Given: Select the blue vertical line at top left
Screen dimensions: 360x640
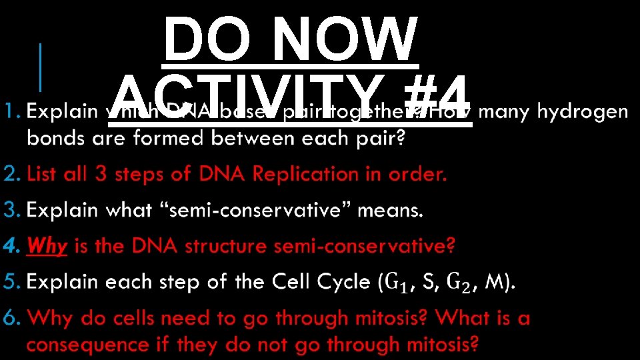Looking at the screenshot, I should pyautogui.click(x=41, y=67).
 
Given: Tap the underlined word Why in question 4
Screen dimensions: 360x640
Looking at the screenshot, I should pyautogui.click(x=47, y=247).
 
